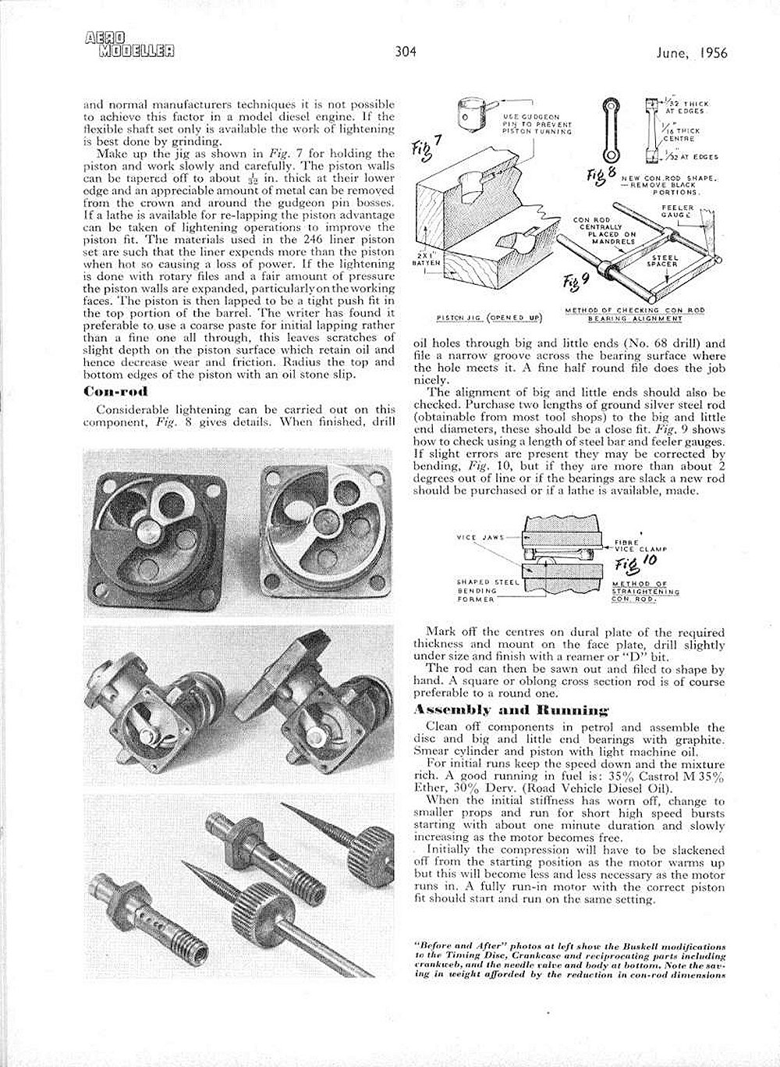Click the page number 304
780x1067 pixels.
click(405, 53)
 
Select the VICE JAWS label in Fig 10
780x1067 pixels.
click(479, 538)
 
